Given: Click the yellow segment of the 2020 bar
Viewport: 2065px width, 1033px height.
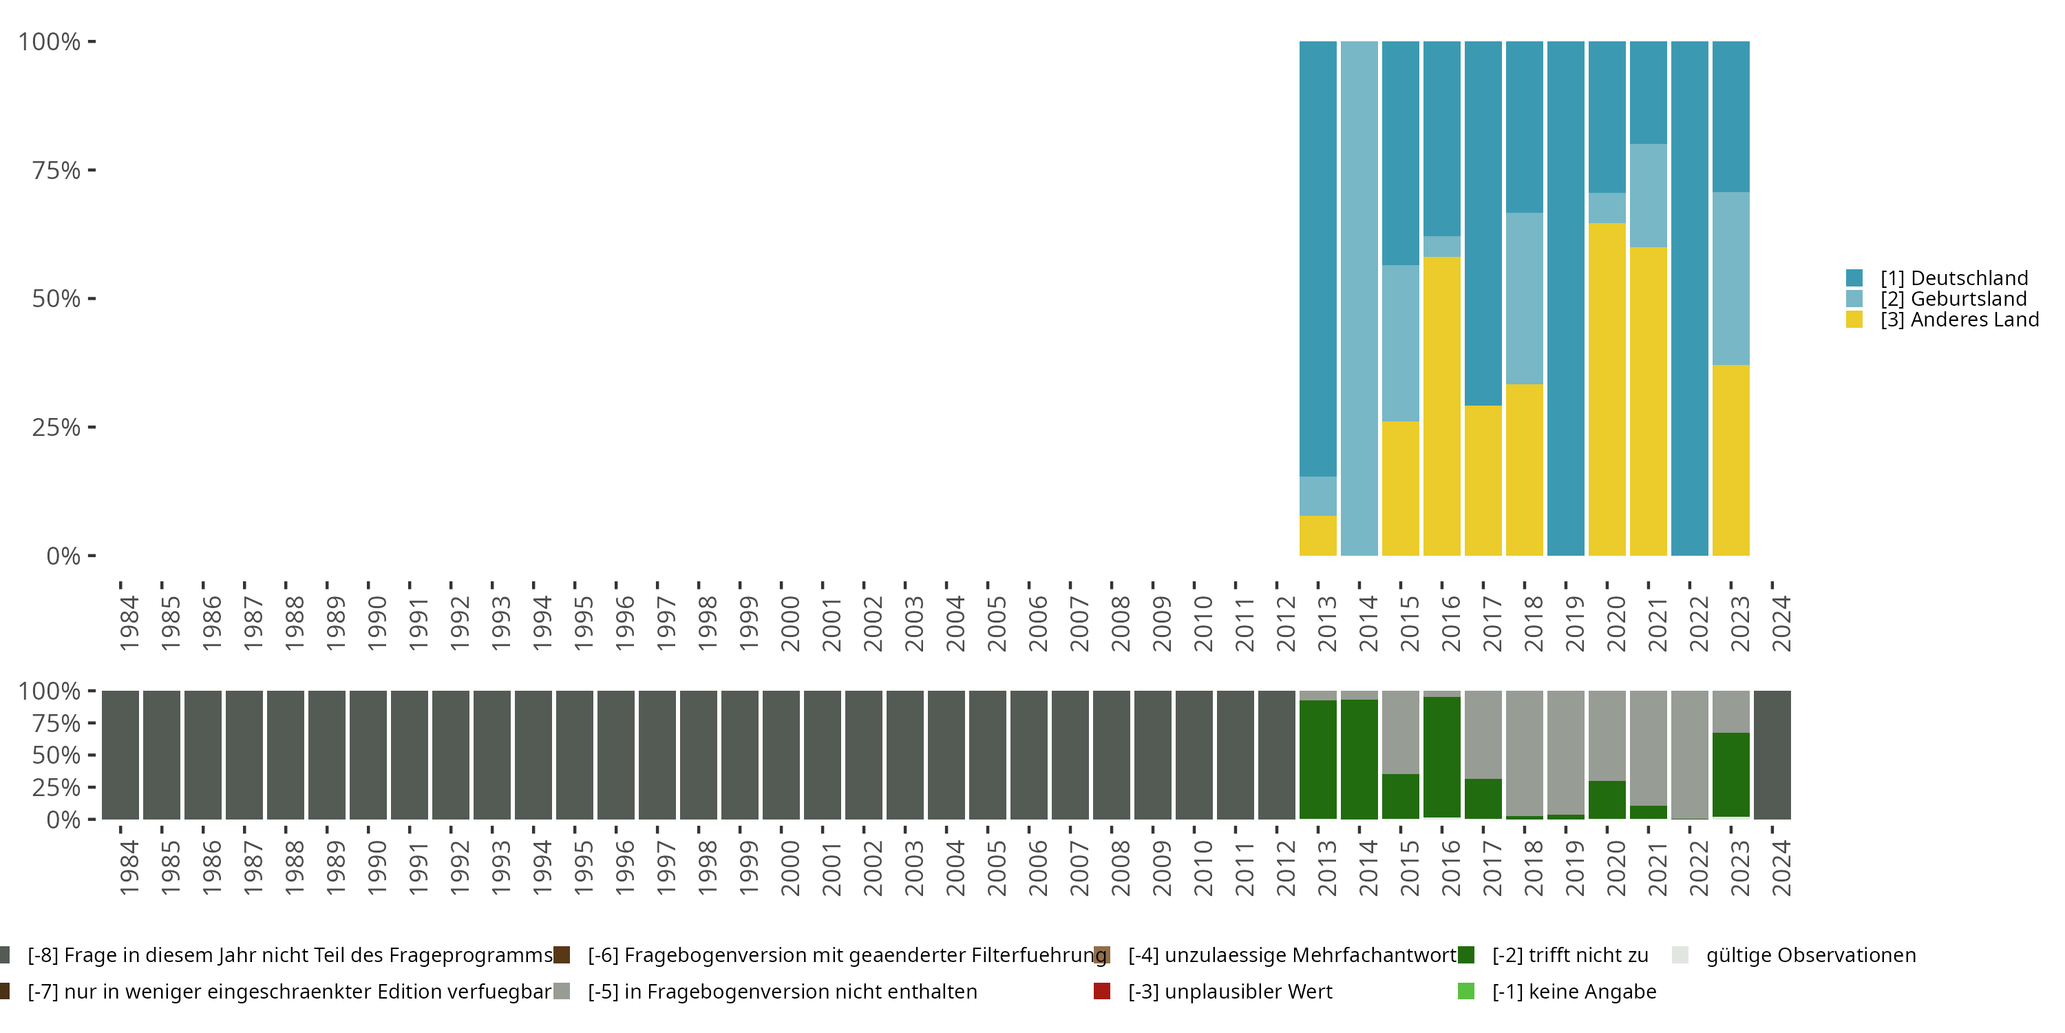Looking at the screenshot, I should tap(1607, 389).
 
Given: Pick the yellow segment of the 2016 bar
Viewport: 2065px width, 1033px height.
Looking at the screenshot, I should tap(1441, 406).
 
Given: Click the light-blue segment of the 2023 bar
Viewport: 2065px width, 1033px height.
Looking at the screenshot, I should tap(1730, 278).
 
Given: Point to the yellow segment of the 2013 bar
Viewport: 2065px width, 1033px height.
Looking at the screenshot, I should tap(1318, 536).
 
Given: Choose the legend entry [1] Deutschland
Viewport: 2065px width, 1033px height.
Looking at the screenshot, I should tap(1953, 278).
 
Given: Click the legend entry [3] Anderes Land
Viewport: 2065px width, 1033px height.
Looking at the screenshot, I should tap(1959, 320).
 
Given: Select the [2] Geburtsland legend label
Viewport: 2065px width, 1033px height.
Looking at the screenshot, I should tap(1953, 299).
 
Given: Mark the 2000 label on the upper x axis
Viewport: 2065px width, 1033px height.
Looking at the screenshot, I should tap(790, 623).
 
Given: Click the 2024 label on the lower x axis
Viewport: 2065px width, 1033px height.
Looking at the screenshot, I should tap(1781, 868).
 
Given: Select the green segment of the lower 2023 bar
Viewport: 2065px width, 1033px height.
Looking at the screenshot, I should tap(1730, 775).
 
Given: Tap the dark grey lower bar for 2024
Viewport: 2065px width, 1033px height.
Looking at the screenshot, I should tap(1772, 755).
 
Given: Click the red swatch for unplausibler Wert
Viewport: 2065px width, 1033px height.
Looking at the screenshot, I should tap(1102, 991).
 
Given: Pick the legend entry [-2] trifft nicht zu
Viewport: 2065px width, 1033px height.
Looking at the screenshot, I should tap(1569, 955).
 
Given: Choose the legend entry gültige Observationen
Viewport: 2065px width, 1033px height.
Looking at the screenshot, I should tap(1810, 955).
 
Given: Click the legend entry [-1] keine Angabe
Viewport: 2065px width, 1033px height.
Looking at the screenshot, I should tap(1574, 991).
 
